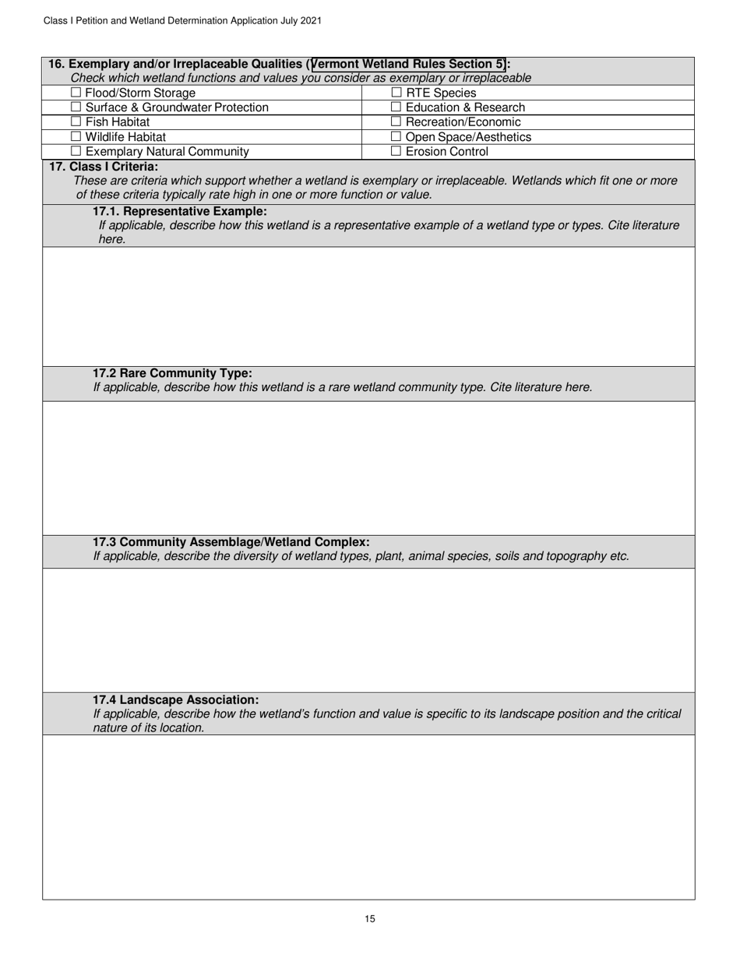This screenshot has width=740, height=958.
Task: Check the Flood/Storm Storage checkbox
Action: (x=76, y=93)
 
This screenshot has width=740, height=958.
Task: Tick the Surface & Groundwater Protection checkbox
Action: (x=76, y=107)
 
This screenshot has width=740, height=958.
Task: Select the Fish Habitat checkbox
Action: (x=76, y=122)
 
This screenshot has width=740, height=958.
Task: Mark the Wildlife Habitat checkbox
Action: (x=76, y=137)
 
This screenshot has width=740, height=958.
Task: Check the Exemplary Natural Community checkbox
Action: (x=76, y=152)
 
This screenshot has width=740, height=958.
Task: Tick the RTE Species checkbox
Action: (x=396, y=93)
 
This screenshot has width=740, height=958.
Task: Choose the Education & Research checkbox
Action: (x=396, y=107)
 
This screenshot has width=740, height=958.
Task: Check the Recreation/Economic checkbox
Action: (x=396, y=122)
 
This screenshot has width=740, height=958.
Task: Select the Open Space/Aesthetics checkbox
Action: (x=396, y=137)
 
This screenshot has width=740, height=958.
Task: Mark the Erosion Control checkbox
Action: (x=396, y=152)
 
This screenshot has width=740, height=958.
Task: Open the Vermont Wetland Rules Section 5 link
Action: (x=408, y=64)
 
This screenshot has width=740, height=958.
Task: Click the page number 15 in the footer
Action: (x=370, y=919)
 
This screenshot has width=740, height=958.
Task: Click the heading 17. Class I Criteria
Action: (x=104, y=167)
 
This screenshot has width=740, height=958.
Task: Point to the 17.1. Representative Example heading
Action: (x=179, y=211)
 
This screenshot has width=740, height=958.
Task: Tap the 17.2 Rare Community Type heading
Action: (x=172, y=373)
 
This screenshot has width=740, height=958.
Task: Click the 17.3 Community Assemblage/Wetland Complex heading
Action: (x=231, y=541)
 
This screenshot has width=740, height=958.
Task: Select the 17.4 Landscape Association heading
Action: (x=175, y=700)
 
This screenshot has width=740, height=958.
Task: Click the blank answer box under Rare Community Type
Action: (x=368, y=467)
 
